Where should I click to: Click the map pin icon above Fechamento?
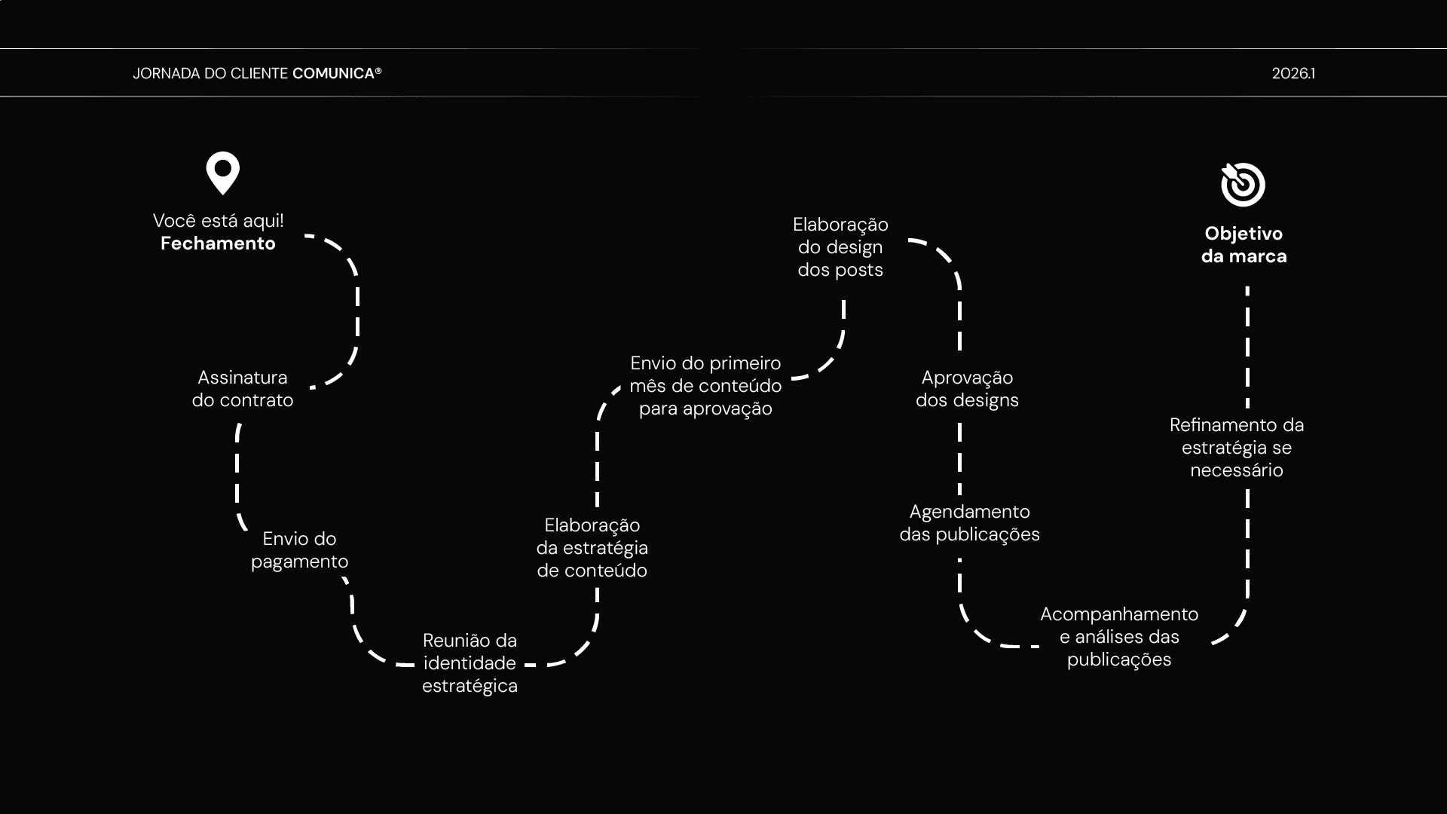[x=223, y=173]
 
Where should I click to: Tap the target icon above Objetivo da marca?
[x=1243, y=184]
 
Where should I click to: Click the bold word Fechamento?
[x=218, y=243]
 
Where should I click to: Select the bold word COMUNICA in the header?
[x=333, y=73]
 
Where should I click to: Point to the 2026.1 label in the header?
[x=1293, y=73]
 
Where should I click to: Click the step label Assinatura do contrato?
[x=243, y=389]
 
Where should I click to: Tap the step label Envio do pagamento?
[x=299, y=550]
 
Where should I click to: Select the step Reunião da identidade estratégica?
[x=470, y=663]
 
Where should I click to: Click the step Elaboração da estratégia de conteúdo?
[x=592, y=548]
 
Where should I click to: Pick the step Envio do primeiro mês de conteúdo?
[x=705, y=386]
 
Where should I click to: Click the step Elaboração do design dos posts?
[x=840, y=247]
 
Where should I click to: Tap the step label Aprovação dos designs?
[x=967, y=389]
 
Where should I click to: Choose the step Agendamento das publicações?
[x=969, y=523]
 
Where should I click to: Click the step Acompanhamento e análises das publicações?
[x=1119, y=637]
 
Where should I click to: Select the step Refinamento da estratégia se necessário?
[x=1237, y=448]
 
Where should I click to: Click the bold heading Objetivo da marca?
[x=1244, y=245]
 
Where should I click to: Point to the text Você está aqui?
[x=218, y=221]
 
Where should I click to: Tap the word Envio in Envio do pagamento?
[x=278, y=539]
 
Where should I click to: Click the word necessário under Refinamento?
[x=1237, y=470]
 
